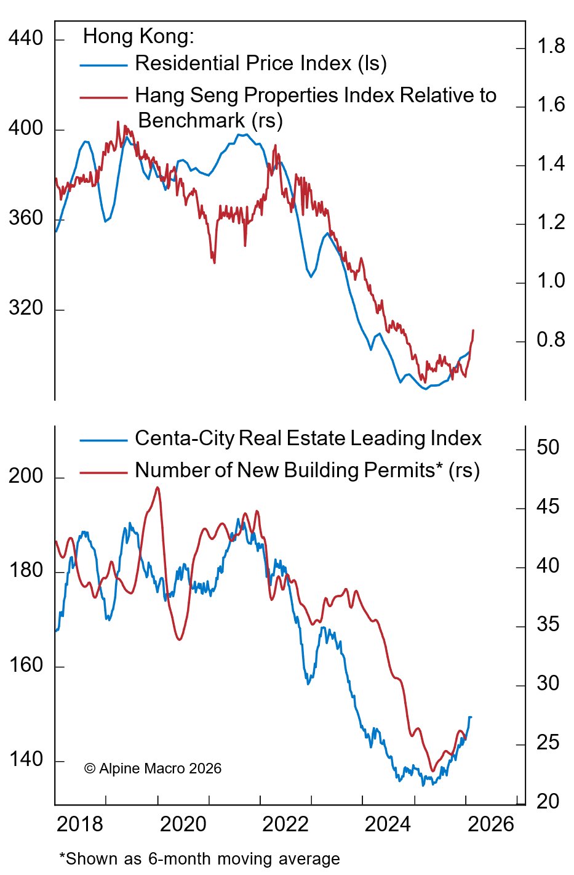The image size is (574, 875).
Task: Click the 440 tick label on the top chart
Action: coord(26,39)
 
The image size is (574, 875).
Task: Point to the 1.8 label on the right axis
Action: coord(551,46)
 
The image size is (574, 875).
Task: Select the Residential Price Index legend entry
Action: coord(260,63)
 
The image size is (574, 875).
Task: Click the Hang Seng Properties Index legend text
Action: coord(315,95)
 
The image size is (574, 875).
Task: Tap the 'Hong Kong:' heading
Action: coord(138,36)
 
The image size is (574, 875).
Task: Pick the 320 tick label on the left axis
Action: coord(26,308)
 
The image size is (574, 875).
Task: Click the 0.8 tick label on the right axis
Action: coord(551,340)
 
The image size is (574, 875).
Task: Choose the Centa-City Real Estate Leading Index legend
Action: coord(308,438)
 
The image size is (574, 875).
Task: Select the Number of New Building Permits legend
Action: coord(306,470)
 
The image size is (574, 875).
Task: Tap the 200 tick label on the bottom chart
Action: coord(26,477)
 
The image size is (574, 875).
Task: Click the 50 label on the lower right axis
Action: coord(548,448)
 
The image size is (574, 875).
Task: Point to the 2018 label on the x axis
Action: coord(80,825)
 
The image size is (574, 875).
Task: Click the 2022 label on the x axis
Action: coord(285,825)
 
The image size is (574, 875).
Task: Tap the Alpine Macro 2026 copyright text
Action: coord(153,768)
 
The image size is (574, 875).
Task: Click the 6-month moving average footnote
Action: coord(199,859)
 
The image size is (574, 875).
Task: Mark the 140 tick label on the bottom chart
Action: coord(26,760)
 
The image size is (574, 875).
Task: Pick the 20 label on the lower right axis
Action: coord(548,802)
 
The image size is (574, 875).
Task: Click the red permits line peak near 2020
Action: coord(157,488)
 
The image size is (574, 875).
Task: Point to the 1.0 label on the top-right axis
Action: coord(551,281)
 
